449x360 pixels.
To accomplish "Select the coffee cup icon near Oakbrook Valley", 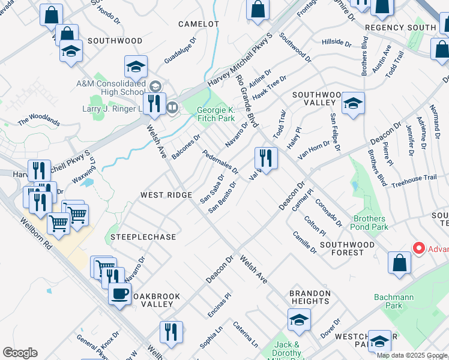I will [x=120, y=294].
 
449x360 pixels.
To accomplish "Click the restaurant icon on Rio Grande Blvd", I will [x=265, y=158].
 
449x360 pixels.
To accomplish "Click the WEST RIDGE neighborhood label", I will [x=166, y=195].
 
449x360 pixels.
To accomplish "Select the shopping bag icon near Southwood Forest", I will [x=399, y=263].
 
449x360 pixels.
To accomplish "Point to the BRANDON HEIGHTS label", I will [x=310, y=298].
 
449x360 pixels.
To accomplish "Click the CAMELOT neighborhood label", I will [x=199, y=24].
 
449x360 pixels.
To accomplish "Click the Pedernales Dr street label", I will [x=220, y=161].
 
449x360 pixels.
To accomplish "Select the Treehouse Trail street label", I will [x=414, y=178].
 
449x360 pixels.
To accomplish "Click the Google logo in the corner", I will [x=19, y=353].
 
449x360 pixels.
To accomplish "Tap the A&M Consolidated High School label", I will [x=110, y=88].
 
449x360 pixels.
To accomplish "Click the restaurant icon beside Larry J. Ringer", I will [x=154, y=103].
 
